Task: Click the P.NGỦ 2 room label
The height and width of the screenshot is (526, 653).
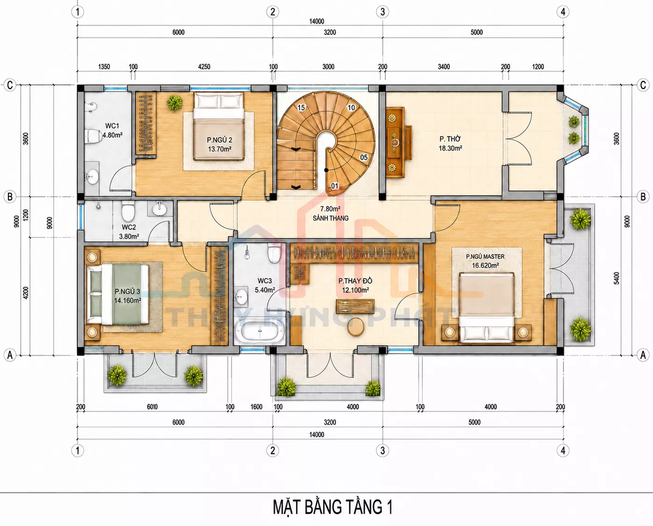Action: (x=220, y=140)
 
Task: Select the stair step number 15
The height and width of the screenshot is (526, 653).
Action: (x=301, y=108)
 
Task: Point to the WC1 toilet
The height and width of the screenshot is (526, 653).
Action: (x=93, y=136)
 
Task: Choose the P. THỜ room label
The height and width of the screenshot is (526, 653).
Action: (x=450, y=139)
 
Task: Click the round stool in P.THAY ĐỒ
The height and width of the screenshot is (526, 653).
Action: (x=355, y=327)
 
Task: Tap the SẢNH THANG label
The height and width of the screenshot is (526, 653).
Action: (x=330, y=218)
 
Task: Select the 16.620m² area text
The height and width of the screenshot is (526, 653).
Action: (x=485, y=266)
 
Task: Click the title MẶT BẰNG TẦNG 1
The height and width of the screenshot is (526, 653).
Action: (x=333, y=507)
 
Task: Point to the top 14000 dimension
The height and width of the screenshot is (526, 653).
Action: (x=317, y=21)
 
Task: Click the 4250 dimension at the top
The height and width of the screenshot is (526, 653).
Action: (x=204, y=66)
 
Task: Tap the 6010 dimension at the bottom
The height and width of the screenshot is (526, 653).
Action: (x=152, y=407)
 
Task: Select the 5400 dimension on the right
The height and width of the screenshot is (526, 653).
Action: (x=616, y=278)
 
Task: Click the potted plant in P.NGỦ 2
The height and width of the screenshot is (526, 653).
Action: (x=175, y=102)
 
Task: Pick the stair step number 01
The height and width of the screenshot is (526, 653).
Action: (x=334, y=186)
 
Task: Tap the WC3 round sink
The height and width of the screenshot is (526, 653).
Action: (x=241, y=296)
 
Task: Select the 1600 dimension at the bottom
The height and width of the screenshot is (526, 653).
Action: (x=256, y=407)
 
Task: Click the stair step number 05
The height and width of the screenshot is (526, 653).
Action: (x=363, y=157)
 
